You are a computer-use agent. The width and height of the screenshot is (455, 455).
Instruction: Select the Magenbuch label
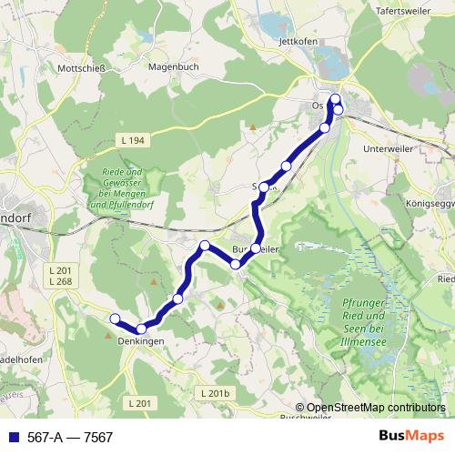(172, 66)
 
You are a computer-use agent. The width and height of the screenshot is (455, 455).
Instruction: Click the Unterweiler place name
(388, 147)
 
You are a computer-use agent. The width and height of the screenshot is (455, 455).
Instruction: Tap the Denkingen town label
(140, 340)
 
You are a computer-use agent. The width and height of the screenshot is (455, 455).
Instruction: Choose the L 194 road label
(132, 140)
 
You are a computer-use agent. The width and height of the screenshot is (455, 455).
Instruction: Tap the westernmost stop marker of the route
(116, 318)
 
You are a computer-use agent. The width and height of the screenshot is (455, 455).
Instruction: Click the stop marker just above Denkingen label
(142, 329)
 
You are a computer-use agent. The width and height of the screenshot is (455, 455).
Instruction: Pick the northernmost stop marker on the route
(335, 99)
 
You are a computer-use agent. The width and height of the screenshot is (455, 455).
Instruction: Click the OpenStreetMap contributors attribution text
(376, 409)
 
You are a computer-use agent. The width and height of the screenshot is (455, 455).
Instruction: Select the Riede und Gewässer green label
(119, 188)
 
